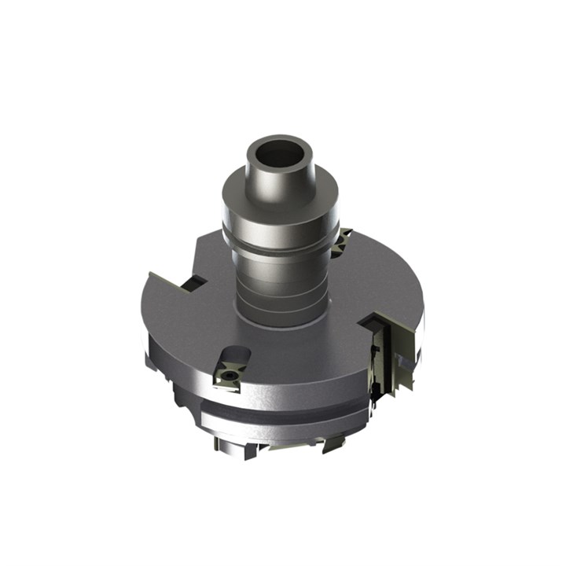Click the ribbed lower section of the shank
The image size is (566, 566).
279,291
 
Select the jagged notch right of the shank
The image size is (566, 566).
343,244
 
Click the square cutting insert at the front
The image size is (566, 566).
228,377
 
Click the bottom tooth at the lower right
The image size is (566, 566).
334,443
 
